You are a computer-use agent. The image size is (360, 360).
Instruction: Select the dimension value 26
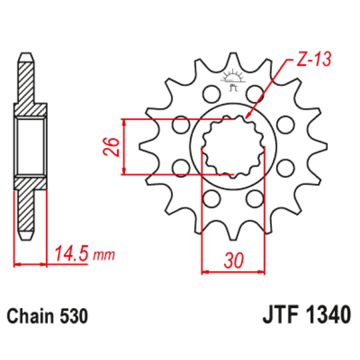pyautogui.click(x=113, y=146)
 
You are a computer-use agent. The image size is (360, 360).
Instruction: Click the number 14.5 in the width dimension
pyautogui.click(x=73, y=255)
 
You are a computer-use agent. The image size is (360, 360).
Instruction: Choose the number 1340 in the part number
pyautogui.click(x=327, y=315)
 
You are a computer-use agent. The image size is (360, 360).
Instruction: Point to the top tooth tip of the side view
pyautogui.click(x=27, y=55)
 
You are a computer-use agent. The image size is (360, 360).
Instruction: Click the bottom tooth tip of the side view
pyautogui.click(x=27, y=237)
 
